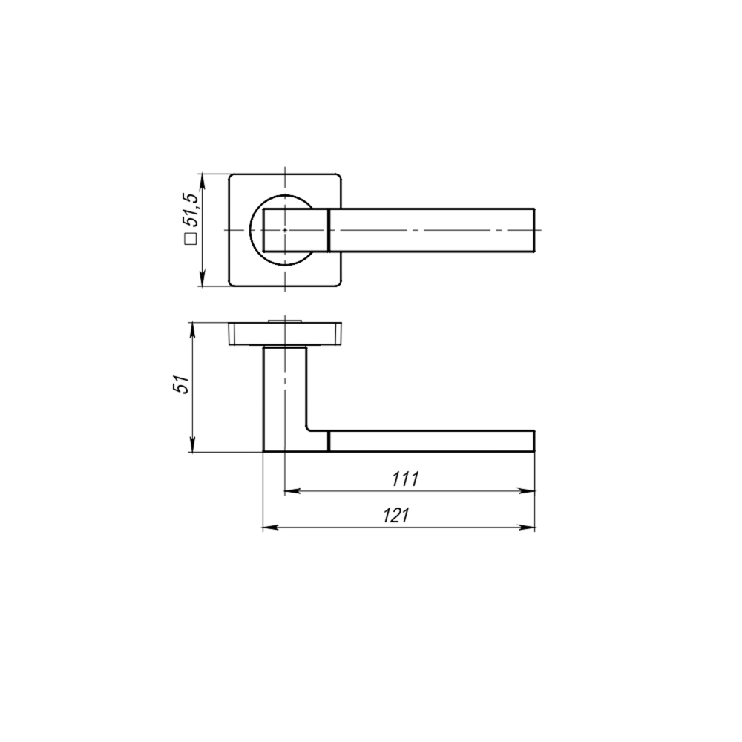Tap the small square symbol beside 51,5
[x=190, y=239]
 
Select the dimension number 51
[x=180, y=386]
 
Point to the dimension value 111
[x=406, y=479]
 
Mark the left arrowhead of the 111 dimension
[x=290, y=491]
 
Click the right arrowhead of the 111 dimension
[x=529, y=491]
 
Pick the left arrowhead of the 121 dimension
[x=269, y=528]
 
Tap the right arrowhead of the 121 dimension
[x=529, y=528]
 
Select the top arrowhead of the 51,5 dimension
[x=202, y=179]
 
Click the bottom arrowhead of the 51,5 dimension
[x=202, y=281]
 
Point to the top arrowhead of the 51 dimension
[x=192, y=327]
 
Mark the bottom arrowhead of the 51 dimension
[x=192, y=447]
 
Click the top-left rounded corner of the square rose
[x=232, y=177]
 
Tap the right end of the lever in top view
[x=534, y=231]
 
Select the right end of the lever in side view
[x=534, y=441]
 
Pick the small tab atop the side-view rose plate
[x=284, y=320]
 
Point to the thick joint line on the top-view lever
[x=328, y=231]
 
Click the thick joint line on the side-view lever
[x=328, y=441]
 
